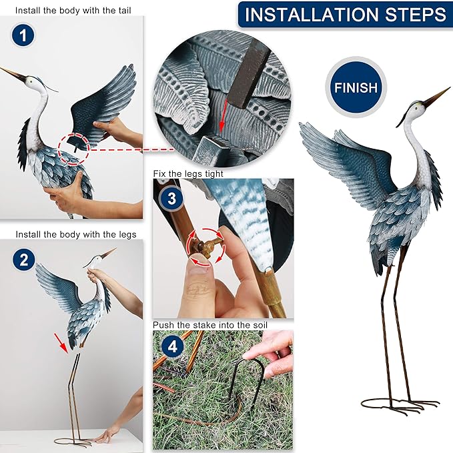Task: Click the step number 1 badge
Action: point(23,36)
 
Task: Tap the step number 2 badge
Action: point(23,260)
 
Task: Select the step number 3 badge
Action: point(171,198)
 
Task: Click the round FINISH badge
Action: point(356,87)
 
